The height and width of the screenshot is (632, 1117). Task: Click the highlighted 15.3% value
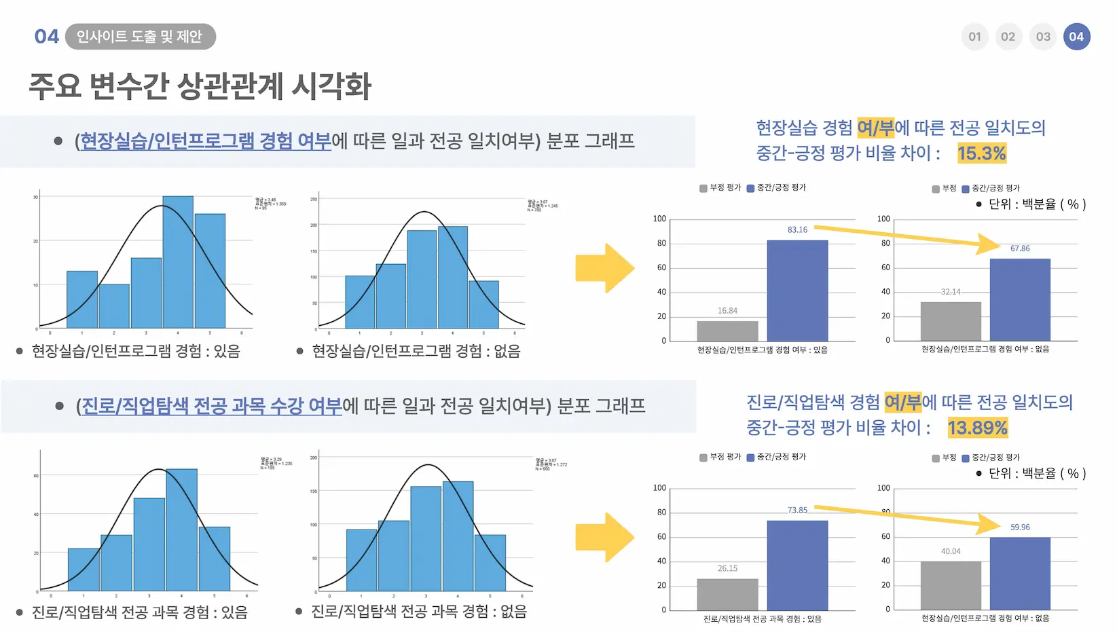click(981, 153)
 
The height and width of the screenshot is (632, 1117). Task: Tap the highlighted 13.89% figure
click(977, 428)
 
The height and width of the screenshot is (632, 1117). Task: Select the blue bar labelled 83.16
click(797, 291)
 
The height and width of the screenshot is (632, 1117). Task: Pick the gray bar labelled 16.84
click(727, 331)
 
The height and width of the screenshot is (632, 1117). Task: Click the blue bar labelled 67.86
click(1019, 299)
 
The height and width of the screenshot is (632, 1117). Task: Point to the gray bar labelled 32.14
click(951, 321)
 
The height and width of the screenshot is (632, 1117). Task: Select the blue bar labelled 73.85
click(797, 565)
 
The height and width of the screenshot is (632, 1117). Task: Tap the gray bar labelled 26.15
click(727, 595)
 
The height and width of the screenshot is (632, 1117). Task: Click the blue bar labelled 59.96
click(1019, 574)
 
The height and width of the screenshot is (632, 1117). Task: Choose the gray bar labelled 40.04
click(951, 585)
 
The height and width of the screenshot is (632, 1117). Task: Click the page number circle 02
click(1008, 37)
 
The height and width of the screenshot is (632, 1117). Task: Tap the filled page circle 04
click(1076, 37)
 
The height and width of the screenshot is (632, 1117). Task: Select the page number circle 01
click(974, 37)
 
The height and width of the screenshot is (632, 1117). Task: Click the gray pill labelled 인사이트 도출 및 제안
click(140, 37)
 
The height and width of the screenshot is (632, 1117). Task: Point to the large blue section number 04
click(47, 37)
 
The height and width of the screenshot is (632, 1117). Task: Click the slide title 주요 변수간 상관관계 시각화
click(200, 86)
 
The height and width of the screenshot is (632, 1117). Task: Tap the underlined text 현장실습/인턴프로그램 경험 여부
click(206, 141)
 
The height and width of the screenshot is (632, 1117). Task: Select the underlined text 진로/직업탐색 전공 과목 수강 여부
click(212, 406)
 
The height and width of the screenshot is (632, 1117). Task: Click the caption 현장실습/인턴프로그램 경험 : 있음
click(136, 351)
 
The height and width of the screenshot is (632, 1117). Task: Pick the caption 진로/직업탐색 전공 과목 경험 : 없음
click(418, 612)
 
